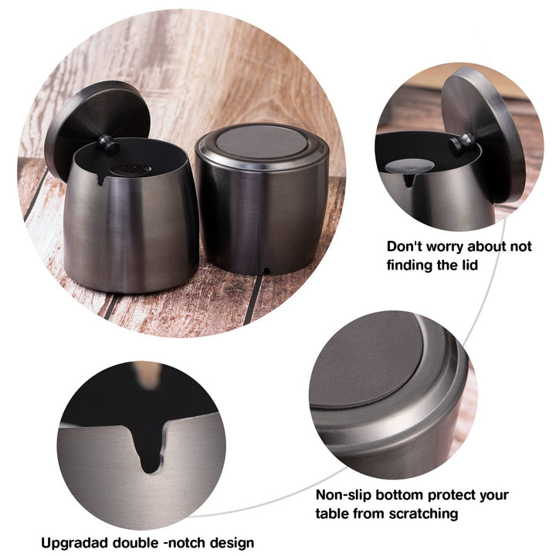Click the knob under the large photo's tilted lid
point(109,144)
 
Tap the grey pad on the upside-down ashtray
point(261,142)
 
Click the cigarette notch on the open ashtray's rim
point(101,178)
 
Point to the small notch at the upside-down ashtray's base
point(265,271)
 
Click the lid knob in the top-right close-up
point(462,144)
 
